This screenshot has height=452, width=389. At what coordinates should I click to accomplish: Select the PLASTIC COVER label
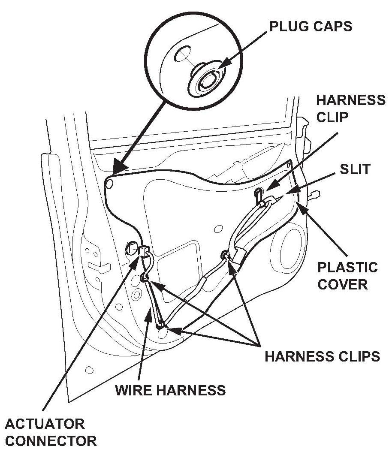347,275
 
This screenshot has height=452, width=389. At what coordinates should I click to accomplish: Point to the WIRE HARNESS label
171,390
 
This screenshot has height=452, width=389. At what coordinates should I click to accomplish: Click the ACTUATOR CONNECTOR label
51,432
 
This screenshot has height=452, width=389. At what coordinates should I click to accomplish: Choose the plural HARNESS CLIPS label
322,356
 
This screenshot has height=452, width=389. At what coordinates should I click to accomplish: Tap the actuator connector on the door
143,250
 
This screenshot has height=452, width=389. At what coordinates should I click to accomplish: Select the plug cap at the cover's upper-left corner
109,184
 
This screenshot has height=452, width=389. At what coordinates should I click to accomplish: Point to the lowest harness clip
161,325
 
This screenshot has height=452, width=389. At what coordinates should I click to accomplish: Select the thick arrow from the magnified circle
142,137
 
